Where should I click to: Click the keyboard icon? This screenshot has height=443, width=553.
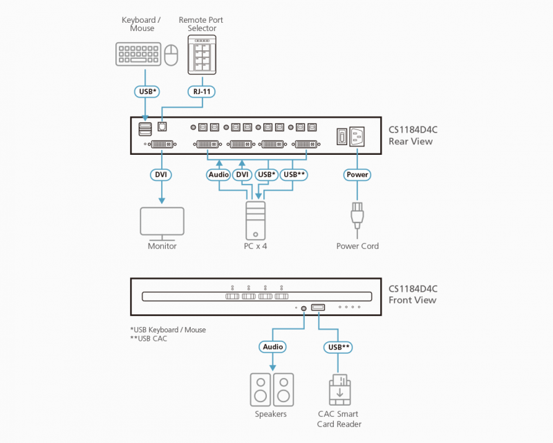click(x=138, y=55)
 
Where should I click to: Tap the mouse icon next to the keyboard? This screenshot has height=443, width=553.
click(x=171, y=55)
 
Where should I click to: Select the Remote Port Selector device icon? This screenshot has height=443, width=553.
click(x=202, y=55)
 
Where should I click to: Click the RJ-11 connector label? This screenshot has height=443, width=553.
click(x=202, y=92)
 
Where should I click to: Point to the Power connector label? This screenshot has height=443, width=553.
click(x=357, y=175)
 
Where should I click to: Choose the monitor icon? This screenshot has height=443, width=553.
click(x=162, y=223)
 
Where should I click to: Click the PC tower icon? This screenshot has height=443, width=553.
click(x=255, y=220)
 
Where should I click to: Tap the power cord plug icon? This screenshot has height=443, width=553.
click(x=357, y=218)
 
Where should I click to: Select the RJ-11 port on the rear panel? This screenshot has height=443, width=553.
click(x=162, y=126)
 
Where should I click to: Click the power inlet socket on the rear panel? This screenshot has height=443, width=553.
click(x=357, y=137)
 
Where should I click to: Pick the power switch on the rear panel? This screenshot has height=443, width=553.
click(x=341, y=137)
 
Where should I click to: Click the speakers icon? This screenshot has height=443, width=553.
click(x=272, y=390)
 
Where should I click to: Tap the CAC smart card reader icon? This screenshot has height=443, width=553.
click(x=339, y=390)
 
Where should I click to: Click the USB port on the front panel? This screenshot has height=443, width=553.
click(x=318, y=308)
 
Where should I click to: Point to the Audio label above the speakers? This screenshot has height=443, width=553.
click(x=272, y=347)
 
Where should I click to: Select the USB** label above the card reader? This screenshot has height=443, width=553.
click(x=338, y=347)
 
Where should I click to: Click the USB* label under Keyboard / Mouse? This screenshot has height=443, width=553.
click(x=147, y=92)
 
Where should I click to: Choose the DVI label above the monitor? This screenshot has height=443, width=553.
click(x=161, y=175)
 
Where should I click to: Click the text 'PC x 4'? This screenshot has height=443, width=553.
click(x=255, y=246)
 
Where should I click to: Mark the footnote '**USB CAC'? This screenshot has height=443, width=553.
click(x=149, y=339)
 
